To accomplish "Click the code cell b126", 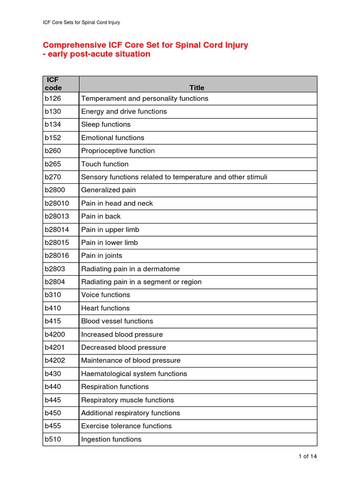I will pos(53,98).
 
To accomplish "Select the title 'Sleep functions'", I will pos(106,125).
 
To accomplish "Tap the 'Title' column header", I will pos(197,88).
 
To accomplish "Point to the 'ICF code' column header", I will pos(53,84).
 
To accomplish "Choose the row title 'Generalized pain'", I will pos(108,190).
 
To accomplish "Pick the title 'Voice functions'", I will pos(105,295).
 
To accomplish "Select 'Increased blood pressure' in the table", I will pos(122,335).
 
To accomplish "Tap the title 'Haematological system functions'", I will pos(134,374).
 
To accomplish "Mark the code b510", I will pos(53,439).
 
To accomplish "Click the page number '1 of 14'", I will pos(307,456).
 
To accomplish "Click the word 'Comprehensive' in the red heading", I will pos(72,45).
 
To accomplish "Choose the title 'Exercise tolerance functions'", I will pos(126,426).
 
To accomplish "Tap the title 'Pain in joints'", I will pos(101,256).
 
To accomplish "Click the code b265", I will pos(53,164).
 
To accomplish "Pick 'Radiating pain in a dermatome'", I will pos(130,269).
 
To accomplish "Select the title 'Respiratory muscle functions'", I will pos(127,400).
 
